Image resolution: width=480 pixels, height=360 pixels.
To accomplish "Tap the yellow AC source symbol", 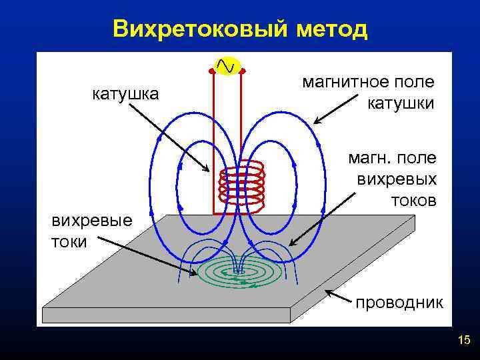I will click(227, 65).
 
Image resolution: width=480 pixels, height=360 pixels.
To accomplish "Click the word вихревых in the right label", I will click(397, 179).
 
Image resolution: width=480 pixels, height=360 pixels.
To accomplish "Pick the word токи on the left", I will click(69, 241).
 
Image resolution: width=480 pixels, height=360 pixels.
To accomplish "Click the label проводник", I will click(399, 303).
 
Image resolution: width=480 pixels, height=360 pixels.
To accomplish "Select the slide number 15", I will click(464, 341).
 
